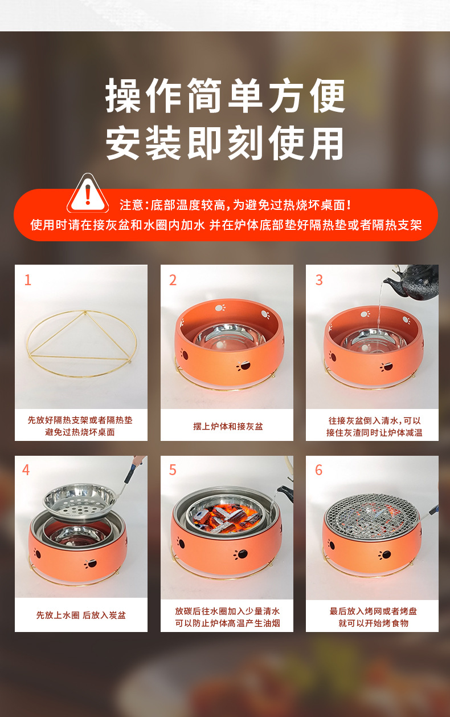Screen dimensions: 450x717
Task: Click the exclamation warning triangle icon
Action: click(88, 194)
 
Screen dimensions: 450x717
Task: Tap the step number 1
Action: click(28, 280)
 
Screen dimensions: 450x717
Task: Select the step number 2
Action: click(173, 280)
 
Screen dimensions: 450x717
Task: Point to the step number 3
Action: click(319, 280)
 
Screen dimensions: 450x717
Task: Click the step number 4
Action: click(26, 470)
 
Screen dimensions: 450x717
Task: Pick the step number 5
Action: click(173, 470)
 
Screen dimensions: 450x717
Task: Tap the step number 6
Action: click(318, 470)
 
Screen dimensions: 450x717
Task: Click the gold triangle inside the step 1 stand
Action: click(80, 336)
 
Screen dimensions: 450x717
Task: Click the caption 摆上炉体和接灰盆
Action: click(227, 426)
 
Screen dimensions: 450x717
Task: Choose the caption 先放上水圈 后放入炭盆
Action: click(81, 615)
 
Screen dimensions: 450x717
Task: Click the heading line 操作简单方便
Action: click(226, 95)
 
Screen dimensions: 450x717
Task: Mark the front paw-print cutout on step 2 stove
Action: click(243, 366)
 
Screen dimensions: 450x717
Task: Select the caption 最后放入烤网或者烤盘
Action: click(373, 611)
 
